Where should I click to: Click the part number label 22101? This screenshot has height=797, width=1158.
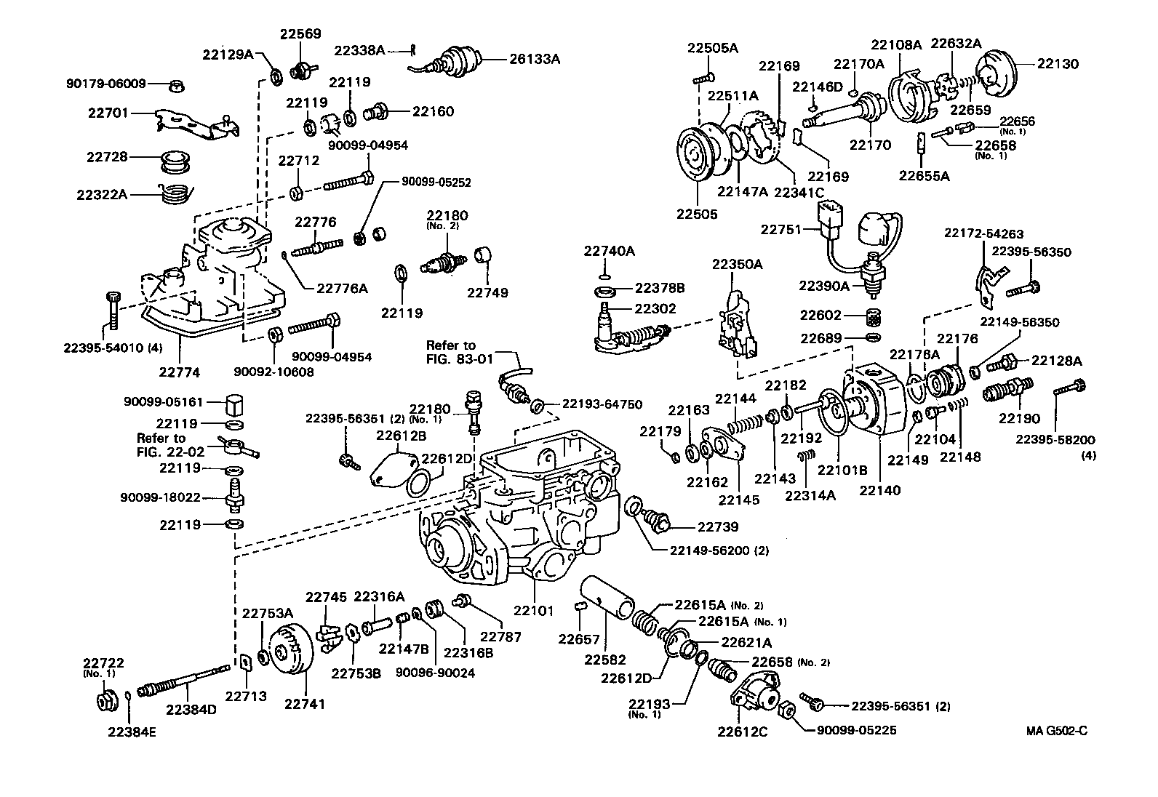[535, 612]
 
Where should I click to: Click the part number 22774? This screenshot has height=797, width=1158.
[180, 372]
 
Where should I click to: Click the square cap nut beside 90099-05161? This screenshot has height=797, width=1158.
[234, 401]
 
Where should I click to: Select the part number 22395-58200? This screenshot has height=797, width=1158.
[1055, 440]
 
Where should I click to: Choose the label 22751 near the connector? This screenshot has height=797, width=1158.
[780, 229]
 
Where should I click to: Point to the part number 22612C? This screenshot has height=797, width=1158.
[742, 732]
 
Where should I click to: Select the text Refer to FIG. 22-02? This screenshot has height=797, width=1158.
[161, 444]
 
